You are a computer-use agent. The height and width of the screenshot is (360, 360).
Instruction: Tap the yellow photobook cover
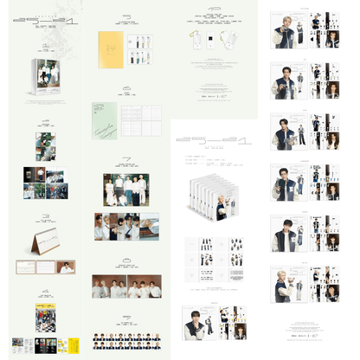pyautogui.click(x=111, y=48)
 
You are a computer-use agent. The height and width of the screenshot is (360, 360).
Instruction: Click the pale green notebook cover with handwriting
pyautogui.click(x=105, y=120)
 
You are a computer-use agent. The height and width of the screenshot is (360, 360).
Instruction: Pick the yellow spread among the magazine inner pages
pyautogui.click(x=60, y=344)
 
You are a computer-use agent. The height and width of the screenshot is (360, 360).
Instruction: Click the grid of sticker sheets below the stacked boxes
pyautogui.click(x=214, y=252)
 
